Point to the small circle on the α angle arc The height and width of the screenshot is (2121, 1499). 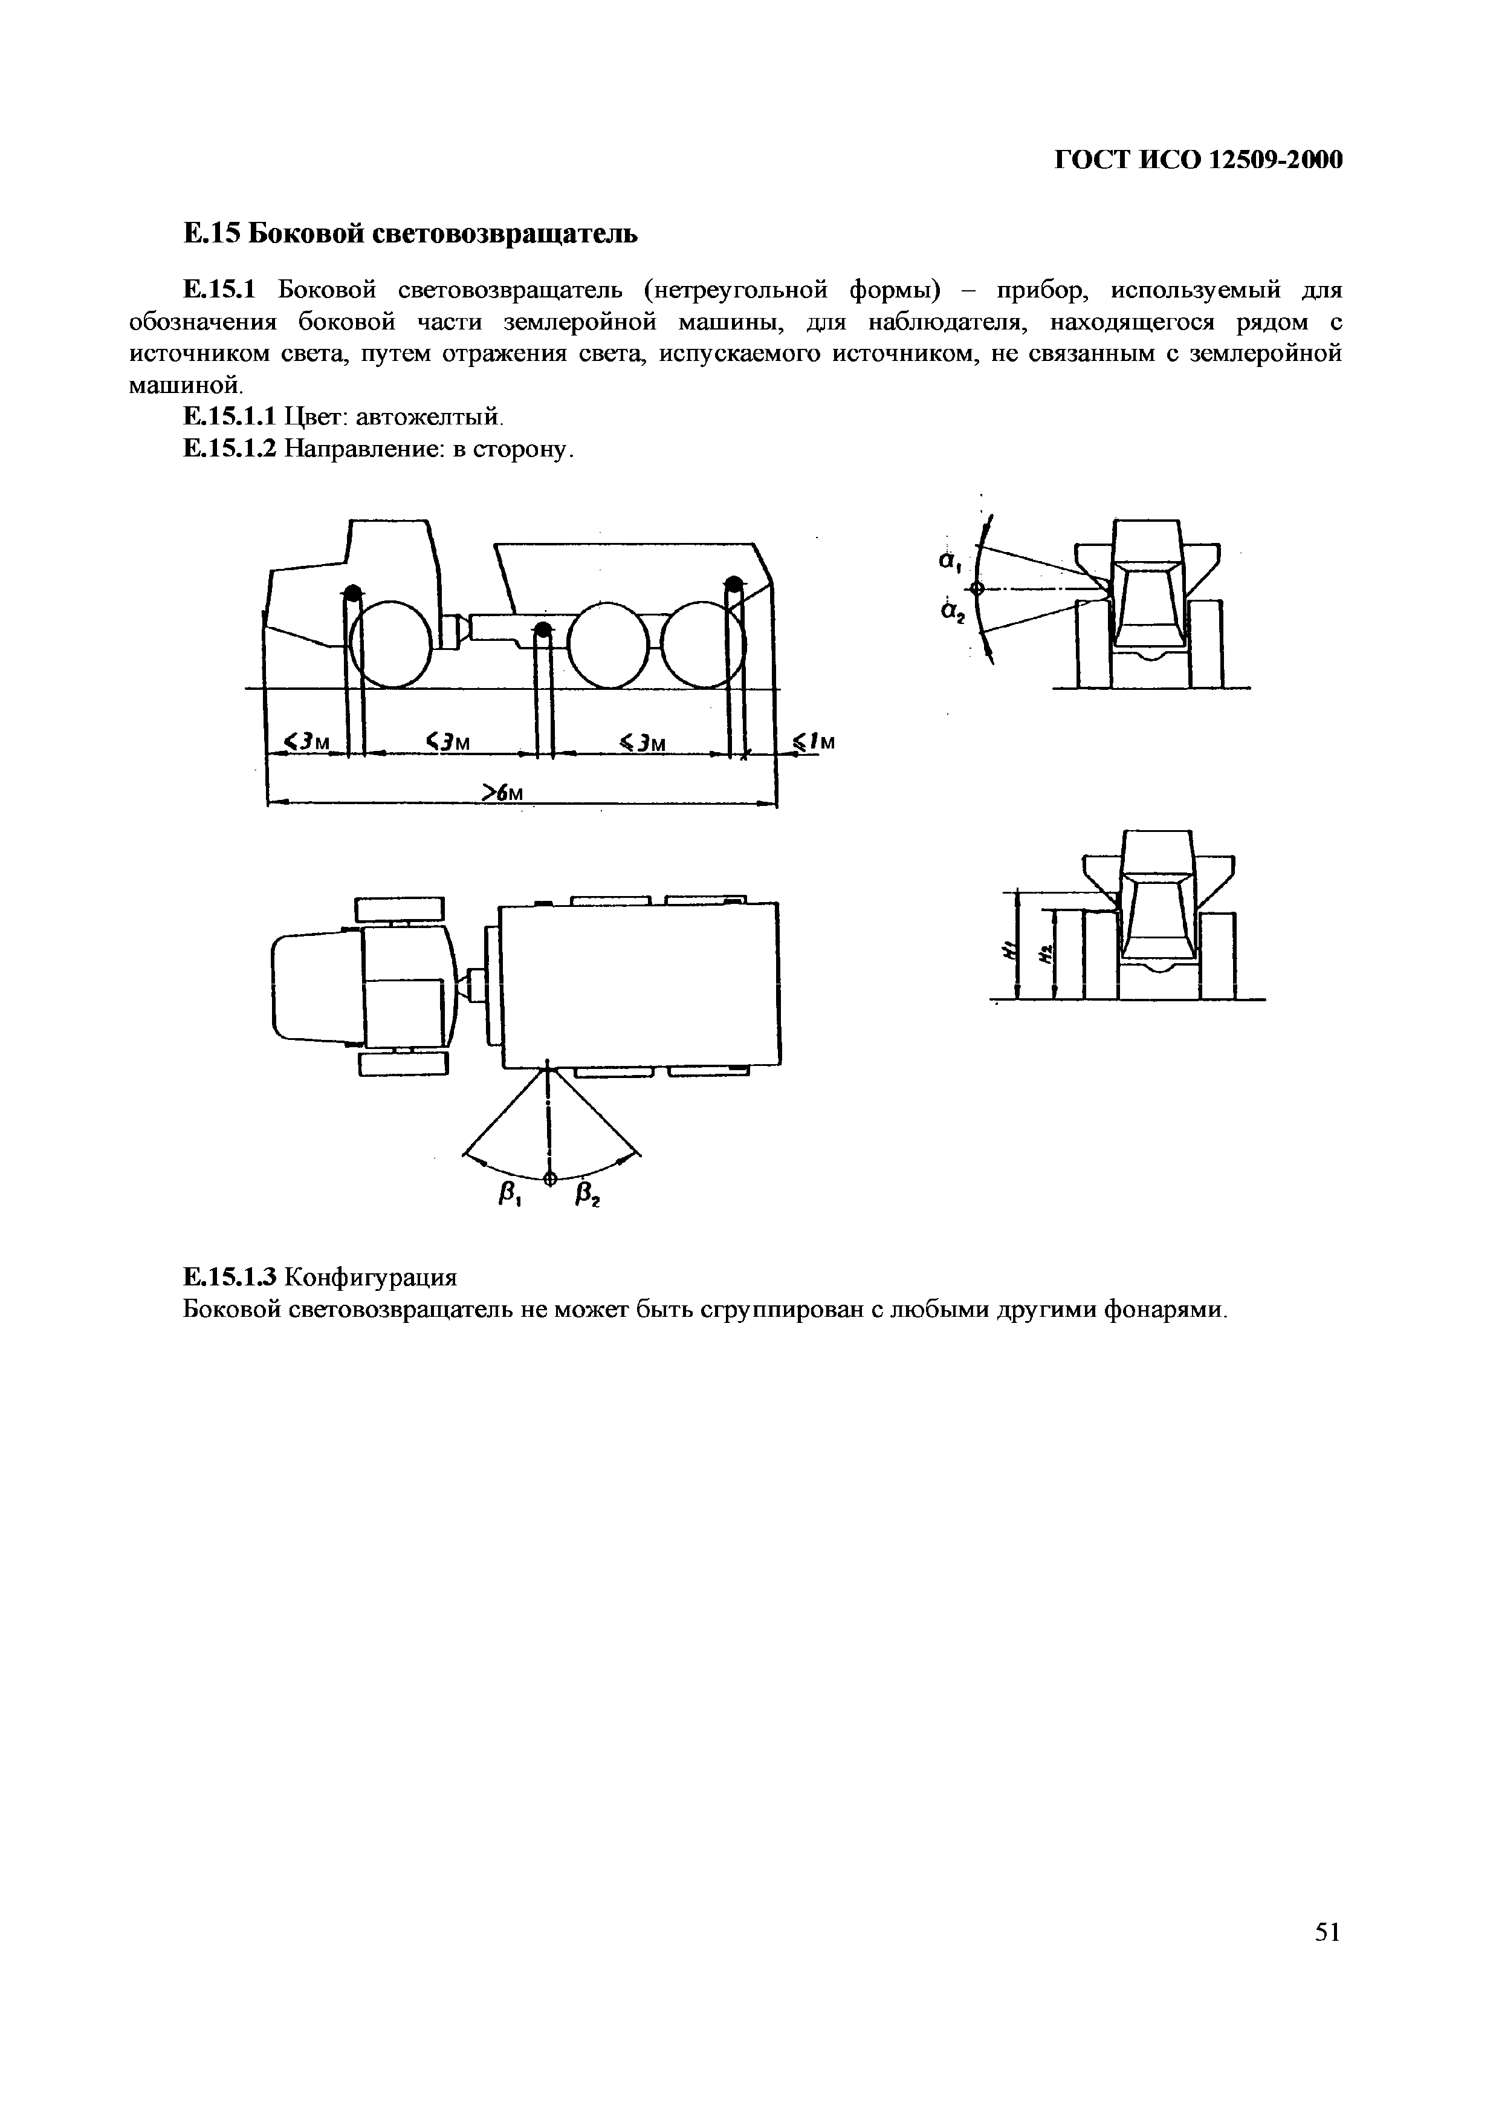(977, 588)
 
